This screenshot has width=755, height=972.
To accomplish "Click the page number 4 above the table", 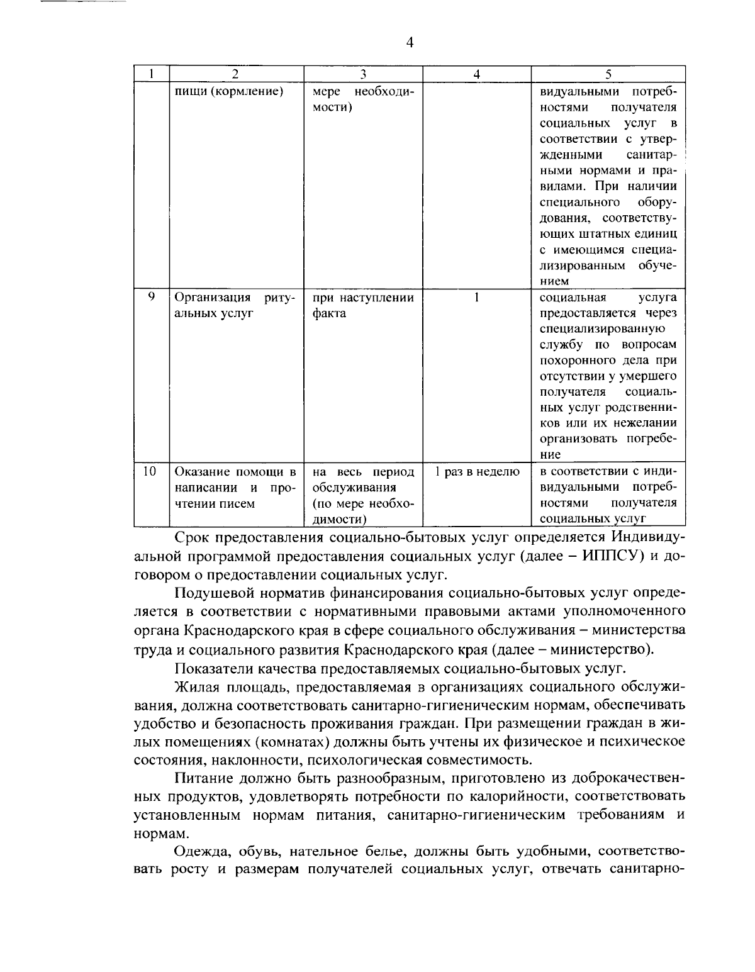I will pos(410,43).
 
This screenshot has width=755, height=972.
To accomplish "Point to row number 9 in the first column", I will pos(151,296).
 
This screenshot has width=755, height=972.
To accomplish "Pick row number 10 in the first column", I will pos(150,471).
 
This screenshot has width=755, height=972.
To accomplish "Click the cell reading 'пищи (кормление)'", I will pos(228,92).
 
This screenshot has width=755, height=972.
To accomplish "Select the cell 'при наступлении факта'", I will pos(363,305).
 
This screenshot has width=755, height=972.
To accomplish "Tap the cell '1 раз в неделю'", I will pos(477,472).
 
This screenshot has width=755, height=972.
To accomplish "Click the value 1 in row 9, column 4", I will pos(477,297).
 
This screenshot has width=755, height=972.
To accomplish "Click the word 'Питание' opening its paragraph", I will pos(202,778).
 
